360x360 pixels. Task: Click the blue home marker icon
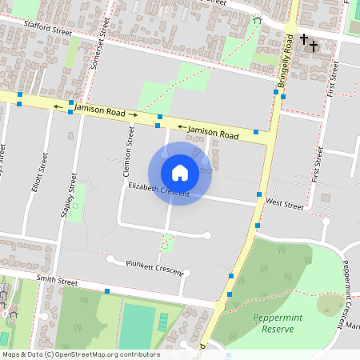tap(179, 173)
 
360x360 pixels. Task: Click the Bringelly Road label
tap(285, 62)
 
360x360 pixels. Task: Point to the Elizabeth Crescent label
tap(158, 190)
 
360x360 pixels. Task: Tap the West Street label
tap(285, 206)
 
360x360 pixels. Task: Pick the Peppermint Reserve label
tap(277, 322)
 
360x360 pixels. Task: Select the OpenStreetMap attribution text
tap(80, 354)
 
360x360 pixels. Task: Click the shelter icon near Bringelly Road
tap(257, 21)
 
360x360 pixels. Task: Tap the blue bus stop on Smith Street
tap(106, 291)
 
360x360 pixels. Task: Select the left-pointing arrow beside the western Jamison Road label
tap(58, 106)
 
